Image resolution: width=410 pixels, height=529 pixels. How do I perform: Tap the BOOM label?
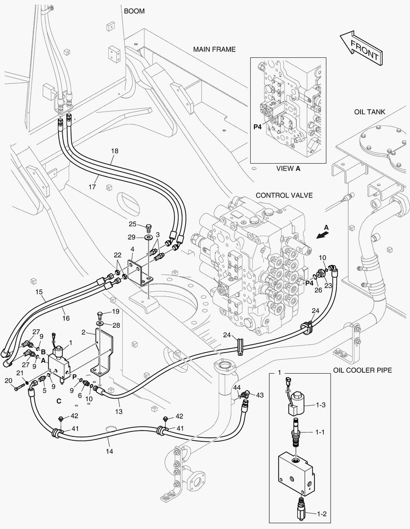click(x=133, y=11)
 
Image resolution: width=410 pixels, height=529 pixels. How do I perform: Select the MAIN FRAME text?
click(x=214, y=49)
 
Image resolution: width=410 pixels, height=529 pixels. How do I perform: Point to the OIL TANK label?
click(x=369, y=112)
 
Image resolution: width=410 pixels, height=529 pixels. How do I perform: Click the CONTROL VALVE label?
click(x=284, y=195)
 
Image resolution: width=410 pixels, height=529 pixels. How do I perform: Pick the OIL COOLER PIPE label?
click(x=362, y=370)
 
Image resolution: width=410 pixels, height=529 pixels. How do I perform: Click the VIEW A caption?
click(x=288, y=168)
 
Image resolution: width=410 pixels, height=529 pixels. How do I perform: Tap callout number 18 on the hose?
click(x=114, y=151)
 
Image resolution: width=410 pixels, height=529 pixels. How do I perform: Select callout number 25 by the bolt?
click(x=132, y=224)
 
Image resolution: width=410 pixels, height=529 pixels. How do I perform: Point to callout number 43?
click(x=259, y=395)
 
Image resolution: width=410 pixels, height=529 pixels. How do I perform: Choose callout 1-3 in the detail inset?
click(x=321, y=405)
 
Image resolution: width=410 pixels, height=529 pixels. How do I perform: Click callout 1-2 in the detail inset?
click(x=321, y=514)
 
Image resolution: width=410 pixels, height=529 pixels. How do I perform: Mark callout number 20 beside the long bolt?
click(x=8, y=381)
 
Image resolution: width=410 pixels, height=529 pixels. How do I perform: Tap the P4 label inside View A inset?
click(x=257, y=127)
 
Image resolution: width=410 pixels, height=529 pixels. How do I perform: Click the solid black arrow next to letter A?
click(x=322, y=234)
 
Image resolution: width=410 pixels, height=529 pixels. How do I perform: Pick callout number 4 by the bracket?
click(x=132, y=250)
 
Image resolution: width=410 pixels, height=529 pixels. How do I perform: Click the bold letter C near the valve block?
click(x=58, y=401)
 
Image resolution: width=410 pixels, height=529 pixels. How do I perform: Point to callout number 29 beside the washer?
click(x=132, y=237)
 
